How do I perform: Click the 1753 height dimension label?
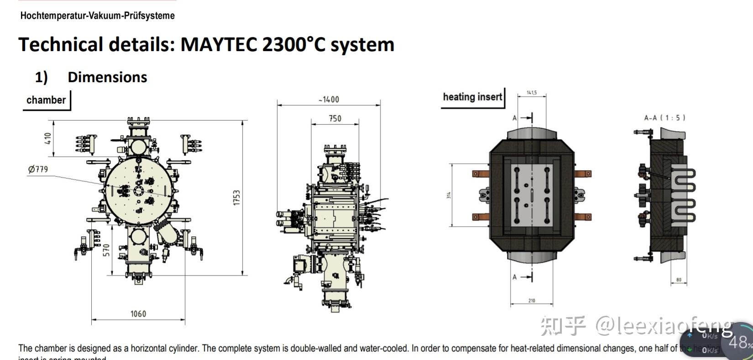236,198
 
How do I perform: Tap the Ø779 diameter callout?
38,169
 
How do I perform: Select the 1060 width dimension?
138,313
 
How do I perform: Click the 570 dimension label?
106,250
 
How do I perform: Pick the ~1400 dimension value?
329,99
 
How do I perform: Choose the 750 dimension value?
335,118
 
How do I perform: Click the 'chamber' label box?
46,100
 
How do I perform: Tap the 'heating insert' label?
472,97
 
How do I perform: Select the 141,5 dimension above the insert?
532,93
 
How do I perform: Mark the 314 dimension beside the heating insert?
449,195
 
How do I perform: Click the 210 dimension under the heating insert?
532,300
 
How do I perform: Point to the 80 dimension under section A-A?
679,280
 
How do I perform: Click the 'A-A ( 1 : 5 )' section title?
664,118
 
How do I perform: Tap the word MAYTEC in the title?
219,45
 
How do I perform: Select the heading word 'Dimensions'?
107,77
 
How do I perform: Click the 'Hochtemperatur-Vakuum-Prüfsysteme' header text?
97,16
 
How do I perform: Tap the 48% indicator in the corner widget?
739,342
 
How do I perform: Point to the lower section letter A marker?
515,277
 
